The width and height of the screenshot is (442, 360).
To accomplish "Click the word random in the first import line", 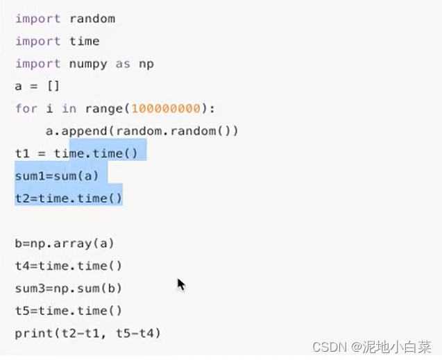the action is coord(92,19).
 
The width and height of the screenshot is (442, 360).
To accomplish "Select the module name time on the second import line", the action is coord(85,41).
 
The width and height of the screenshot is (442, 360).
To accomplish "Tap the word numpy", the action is coord(88,64).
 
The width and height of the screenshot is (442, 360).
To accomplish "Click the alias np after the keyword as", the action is coord(146,64).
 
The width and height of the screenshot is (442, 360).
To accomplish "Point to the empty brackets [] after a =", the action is coord(53,86).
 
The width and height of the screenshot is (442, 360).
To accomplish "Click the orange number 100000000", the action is coord(165,108).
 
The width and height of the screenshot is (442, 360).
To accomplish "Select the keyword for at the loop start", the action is coord(26,108).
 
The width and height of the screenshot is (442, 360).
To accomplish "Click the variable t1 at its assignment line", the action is coord(22,153).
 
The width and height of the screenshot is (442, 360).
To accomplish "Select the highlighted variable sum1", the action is coord(30,176).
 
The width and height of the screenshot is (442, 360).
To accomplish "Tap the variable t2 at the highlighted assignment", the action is coord(22,198).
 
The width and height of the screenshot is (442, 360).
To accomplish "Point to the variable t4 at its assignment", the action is coord(22,266).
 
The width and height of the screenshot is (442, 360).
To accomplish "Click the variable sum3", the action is coord(30,288).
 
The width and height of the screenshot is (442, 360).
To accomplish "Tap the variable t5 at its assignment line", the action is coord(22,311).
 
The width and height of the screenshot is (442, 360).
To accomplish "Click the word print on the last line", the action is coord(33,333).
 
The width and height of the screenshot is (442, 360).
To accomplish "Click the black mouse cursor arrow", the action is coord(180,284).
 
